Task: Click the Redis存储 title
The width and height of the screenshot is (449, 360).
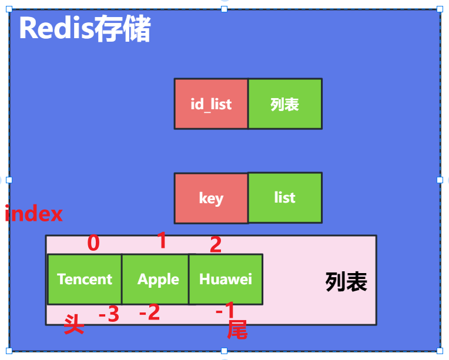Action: pyautogui.click(x=85, y=28)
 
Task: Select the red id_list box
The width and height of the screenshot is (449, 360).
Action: pyautogui.click(x=211, y=104)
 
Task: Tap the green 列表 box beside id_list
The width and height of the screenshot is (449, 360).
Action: pyautogui.click(x=285, y=104)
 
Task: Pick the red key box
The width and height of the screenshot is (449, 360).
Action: pyautogui.click(x=211, y=198)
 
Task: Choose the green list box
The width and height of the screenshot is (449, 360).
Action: pyautogui.click(x=285, y=197)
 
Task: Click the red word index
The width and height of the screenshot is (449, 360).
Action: pyautogui.click(x=33, y=213)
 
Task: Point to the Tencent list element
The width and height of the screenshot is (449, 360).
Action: pyautogui.click(x=85, y=279)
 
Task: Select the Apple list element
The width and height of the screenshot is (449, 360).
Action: pyautogui.click(x=155, y=279)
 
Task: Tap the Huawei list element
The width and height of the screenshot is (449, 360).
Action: pyautogui.click(x=226, y=279)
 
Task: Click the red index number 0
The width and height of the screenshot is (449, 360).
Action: pyautogui.click(x=93, y=243)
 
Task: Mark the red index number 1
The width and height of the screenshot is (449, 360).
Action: pyautogui.click(x=162, y=240)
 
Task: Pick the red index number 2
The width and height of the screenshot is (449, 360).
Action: pyautogui.click(x=216, y=244)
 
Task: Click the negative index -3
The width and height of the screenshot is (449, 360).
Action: pyautogui.click(x=109, y=314)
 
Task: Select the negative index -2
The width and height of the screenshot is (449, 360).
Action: pyautogui.click(x=149, y=312)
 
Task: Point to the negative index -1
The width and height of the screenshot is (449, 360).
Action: pyautogui.click(x=225, y=309)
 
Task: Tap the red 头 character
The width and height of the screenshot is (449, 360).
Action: pyautogui.click(x=74, y=324)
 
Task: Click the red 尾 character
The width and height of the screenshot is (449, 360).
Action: pyautogui.click(x=237, y=329)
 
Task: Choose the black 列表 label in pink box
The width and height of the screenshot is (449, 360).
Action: pyautogui.click(x=346, y=282)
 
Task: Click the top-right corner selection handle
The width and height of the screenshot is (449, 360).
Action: pyautogui.click(x=440, y=9)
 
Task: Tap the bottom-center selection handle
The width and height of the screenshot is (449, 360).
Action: pyautogui.click(x=224, y=351)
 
